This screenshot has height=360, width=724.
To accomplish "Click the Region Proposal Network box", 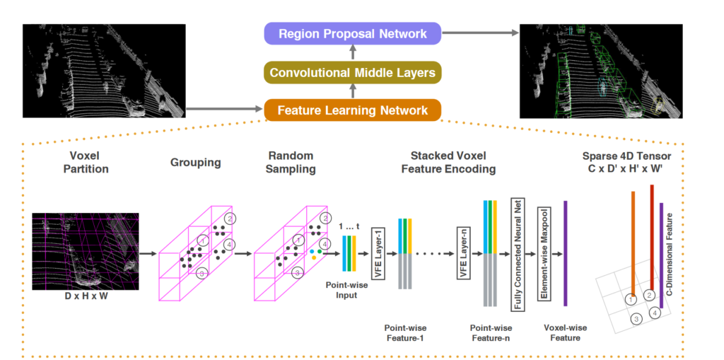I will [353, 33].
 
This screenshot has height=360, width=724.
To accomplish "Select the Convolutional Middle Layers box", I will [353, 72].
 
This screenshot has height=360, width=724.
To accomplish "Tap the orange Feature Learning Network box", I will [353, 110].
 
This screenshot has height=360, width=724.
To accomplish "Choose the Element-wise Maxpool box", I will [544, 252].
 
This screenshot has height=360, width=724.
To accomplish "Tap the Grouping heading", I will [195, 163].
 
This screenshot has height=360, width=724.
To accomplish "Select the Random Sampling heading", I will [292, 162].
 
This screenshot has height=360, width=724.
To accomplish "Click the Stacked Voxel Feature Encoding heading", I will [452, 162].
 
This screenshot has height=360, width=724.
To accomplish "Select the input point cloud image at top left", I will [104, 71].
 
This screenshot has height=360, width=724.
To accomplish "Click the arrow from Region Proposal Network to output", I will [481, 33].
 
